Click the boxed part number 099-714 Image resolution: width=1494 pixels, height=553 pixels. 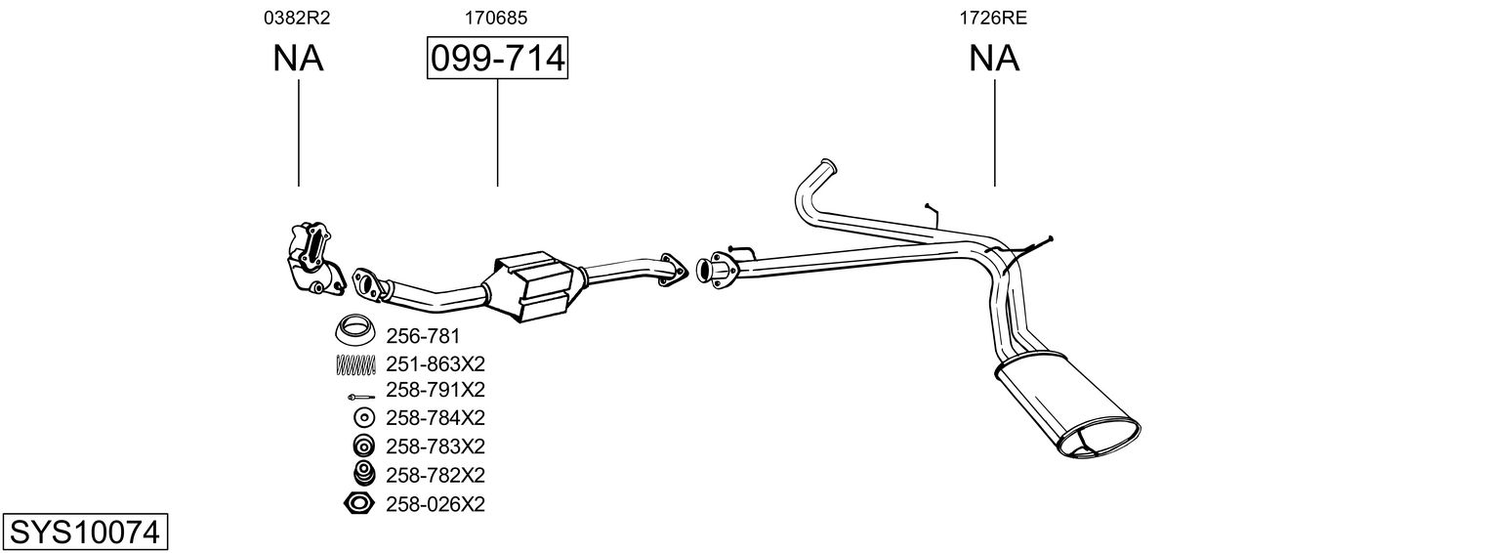pyautogui.click(x=497, y=59)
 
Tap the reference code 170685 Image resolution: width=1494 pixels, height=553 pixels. pyautogui.click(x=497, y=17)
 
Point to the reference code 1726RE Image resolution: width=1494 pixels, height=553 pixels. pyautogui.click(x=994, y=17)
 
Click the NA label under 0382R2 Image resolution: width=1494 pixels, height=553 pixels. pyautogui.click(x=298, y=59)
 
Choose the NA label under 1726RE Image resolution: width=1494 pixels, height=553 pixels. pyautogui.click(x=994, y=59)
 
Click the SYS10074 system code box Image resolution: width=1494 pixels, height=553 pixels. pyautogui.click(x=84, y=532)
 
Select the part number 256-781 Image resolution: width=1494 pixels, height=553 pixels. pyautogui.click(x=423, y=336)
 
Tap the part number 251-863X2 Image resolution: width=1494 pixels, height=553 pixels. pyautogui.click(x=436, y=364)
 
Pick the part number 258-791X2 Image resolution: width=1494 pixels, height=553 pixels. pyautogui.click(x=436, y=390)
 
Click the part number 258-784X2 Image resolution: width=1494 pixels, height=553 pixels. pyautogui.click(x=436, y=418)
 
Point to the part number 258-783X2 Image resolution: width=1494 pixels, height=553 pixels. pyautogui.click(x=436, y=447)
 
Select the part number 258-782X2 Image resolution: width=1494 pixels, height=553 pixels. pyautogui.click(x=436, y=476)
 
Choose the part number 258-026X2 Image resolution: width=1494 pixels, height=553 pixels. pyautogui.click(x=436, y=504)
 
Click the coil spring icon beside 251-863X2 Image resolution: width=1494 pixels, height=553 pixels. pyautogui.click(x=355, y=364)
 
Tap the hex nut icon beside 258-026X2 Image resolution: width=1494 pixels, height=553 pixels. pyautogui.click(x=359, y=504)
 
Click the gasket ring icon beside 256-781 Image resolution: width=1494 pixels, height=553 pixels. pyautogui.click(x=356, y=330)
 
